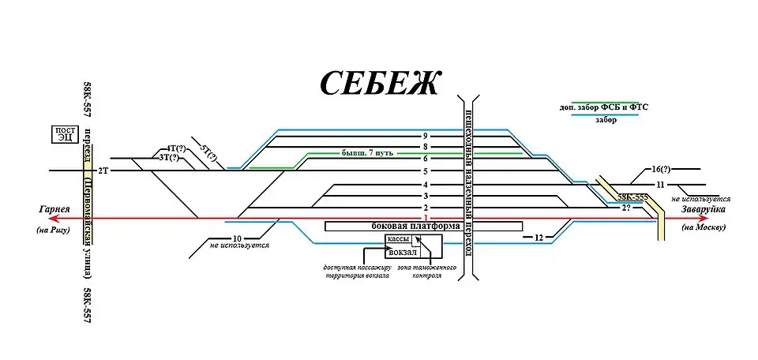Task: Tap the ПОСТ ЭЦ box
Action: [x=65, y=133]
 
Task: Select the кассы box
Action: [x=397, y=240]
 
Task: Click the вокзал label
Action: [x=403, y=253]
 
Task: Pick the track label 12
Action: [x=538, y=237]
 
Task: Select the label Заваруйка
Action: [x=700, y=209]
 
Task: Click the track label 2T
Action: [x=103, y=171]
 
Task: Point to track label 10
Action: [x=236, y=238]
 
